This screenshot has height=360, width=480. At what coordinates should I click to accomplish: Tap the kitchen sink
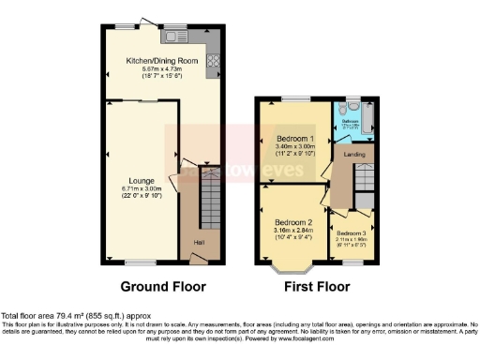175,37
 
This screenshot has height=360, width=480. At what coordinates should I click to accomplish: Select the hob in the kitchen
212,65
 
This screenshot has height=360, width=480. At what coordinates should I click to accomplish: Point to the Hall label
199,244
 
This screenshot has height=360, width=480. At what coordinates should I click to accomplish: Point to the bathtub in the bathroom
367,118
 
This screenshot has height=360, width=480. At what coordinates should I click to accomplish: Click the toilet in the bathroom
352,106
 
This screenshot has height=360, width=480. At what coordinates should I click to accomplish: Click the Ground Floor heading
163,286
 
